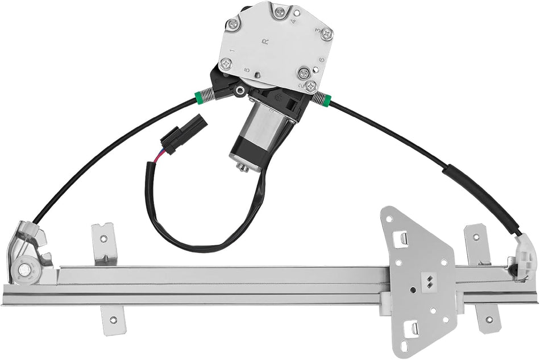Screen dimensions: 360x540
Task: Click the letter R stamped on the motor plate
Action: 265,41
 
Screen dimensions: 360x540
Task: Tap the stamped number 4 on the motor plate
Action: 293,18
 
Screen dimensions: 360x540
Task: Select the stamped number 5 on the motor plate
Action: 246,70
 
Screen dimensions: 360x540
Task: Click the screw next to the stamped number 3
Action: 326,34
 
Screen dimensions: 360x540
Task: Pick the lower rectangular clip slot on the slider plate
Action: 414,328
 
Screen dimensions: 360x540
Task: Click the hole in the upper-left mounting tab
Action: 103,239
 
